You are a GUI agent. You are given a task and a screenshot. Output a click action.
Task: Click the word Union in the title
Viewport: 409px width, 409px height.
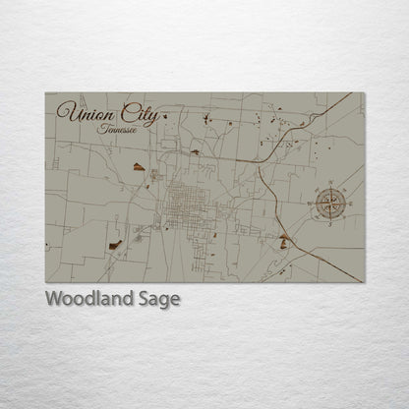[x=82, y=113]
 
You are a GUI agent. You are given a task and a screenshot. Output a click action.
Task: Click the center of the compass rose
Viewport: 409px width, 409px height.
[x=329, y=204]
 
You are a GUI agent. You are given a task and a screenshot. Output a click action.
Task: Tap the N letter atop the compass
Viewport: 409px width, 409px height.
[x=329, y=182]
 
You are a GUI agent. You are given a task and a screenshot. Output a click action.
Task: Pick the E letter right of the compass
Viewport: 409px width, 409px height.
[x=351, y=204]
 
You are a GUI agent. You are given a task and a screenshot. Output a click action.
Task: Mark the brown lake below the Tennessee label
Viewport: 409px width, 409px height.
[x=140, y=167]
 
